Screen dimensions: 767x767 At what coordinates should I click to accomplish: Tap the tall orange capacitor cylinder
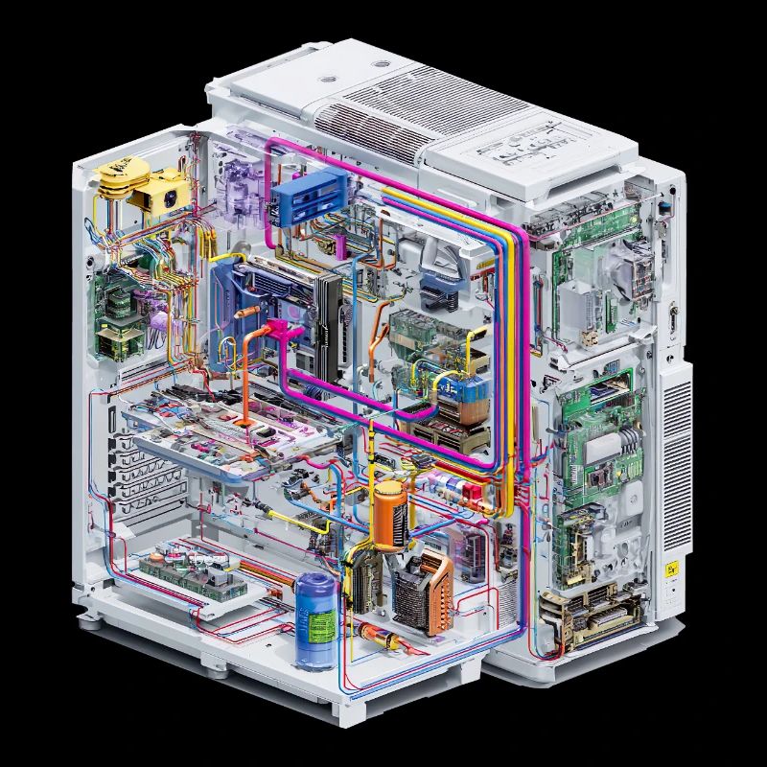point(388,515)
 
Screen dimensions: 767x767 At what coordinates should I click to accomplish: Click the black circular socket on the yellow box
point(168,198)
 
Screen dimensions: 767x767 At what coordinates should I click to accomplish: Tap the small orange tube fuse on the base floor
point(378,634)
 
